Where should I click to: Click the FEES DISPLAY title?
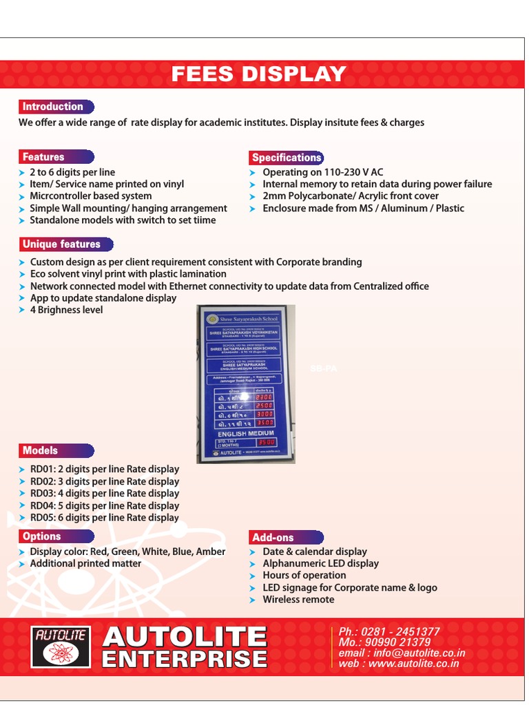click(x=259, y=74)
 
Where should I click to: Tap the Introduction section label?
click(x=53, y=107)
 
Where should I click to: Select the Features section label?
click(x=43, y=157)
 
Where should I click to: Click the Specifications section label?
click(x=287, y=158)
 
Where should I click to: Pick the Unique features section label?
click(x=61, y=244)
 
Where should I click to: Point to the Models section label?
click(x=40, y=450)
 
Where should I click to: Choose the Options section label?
click(x=41, y=536)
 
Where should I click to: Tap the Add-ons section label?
click(x=273, y=538)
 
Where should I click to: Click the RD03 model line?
click(x=104, y=493)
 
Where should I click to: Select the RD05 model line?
click(x=104, y=518)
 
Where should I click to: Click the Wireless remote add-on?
click(x=298, y=600)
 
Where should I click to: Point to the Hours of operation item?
click(x=304, y=576)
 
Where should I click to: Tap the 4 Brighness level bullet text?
click(x=66, y=310)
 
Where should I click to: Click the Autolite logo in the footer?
click(x=61, y=646)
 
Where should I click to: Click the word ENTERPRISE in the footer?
click(x=185, y=659)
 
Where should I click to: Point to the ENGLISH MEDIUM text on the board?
click(x=246, y=433)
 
